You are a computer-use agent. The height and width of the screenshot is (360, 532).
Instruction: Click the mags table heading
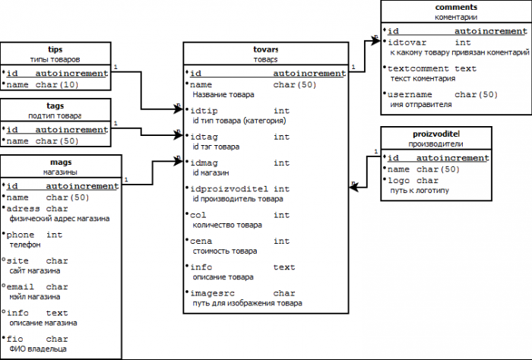pos(61,162)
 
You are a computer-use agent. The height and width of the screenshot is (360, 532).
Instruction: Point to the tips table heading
pos(55,49)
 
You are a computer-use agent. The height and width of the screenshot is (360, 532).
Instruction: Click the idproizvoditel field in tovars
pos(229,188)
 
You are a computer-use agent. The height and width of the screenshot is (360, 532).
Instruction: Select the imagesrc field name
pos(212,293)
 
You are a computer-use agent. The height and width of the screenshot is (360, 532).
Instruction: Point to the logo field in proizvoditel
pos(400,181)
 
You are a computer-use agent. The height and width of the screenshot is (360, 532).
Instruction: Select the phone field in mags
pos(23,235)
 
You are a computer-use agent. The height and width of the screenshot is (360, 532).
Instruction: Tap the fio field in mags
pos(17,339)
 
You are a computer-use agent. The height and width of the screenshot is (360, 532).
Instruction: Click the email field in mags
pos(23,287)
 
